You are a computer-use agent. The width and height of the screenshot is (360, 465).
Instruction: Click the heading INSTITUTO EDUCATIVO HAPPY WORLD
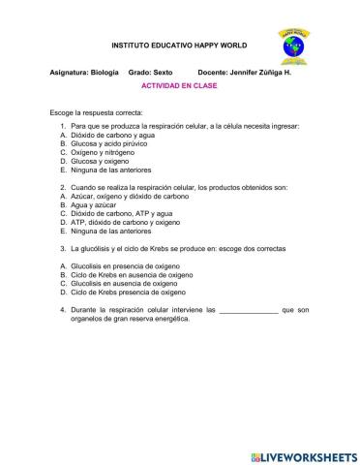tap(179, 46)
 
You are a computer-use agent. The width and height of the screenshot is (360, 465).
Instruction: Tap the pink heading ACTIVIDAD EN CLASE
tap(179, 85)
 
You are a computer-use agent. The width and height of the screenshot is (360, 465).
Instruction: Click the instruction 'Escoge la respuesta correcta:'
tap(94, 114)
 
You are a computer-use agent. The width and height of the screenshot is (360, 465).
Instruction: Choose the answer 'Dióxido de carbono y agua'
tap(114, 135)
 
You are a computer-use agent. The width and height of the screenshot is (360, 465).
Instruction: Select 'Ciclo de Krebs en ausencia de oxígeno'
tap(133, 273)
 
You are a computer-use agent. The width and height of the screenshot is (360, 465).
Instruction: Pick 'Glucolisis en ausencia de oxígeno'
tap(126, 282)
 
